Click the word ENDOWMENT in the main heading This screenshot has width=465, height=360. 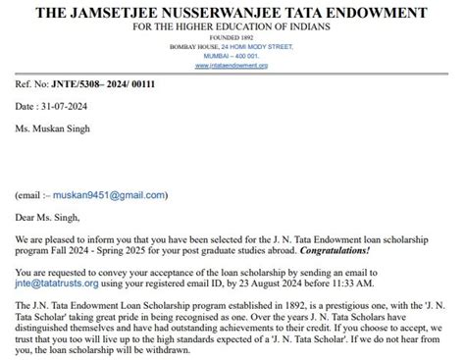tap(396, 12)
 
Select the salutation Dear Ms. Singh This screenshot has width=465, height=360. tap(48, 218)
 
